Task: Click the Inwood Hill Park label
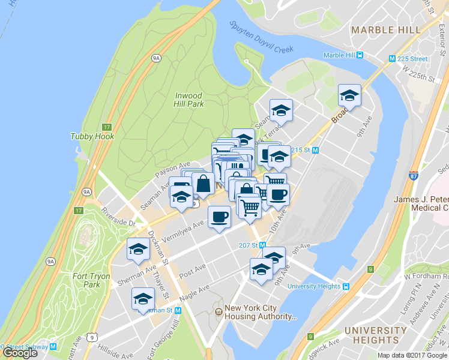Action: pos(189,100)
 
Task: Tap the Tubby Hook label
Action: pos(92,136)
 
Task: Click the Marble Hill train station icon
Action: pos(360,55)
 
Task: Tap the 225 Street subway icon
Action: pos(392,59)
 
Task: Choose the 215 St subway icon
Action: pos(315,150)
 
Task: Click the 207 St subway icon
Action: pos(262,245)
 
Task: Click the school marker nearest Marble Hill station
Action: pos(349,95)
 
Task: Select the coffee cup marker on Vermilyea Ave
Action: pos(219,217)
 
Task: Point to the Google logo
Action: pos(20,353)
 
